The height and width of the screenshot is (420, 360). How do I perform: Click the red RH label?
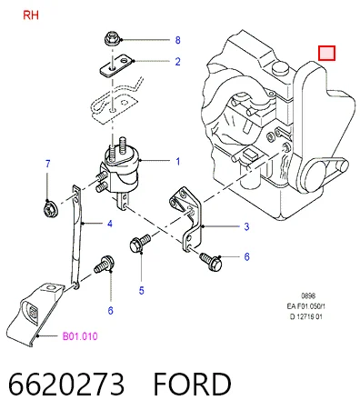click(31, 15)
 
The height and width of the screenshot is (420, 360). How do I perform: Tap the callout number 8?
click(178, 40)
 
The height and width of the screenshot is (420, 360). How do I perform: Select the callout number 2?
click(178, 62)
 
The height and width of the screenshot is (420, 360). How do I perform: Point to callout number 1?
click(178, 162)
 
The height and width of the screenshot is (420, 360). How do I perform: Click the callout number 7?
click(47, 164)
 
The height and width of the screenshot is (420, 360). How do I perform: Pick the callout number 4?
click(110, 224)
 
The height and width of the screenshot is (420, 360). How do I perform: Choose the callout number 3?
click(246, 226)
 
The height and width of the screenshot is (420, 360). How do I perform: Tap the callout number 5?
click(142, 291)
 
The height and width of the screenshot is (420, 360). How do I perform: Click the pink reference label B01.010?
click(80, 336)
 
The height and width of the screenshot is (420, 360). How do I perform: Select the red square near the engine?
click(326, 53)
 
